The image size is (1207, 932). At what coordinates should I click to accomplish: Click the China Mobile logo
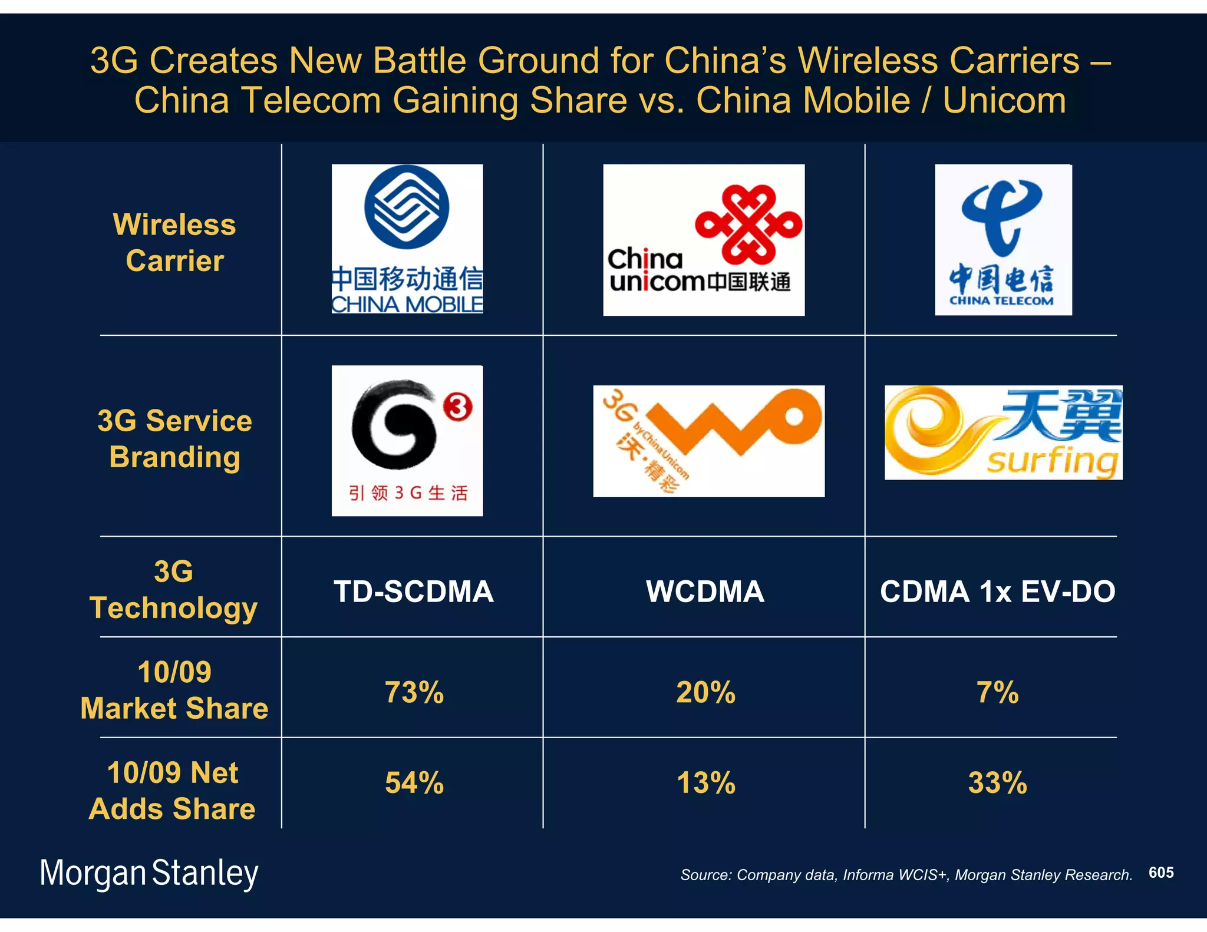click(x=407, y=239)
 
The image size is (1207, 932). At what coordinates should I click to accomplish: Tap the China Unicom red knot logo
click(x=748, y=224)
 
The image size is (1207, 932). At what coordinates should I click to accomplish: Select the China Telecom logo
click(x=1002, y=240)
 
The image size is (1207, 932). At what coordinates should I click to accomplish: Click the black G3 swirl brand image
click(x=407, y=440)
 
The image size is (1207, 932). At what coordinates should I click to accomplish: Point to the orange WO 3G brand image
click(x=708, y=441)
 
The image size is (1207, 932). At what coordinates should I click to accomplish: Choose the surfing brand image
click(x=1002, y=432)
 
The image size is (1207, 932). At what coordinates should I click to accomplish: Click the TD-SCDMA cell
click(x=413, y=591)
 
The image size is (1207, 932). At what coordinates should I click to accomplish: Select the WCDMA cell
click(x=705, y=591)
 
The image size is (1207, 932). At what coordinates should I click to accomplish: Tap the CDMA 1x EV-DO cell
click(x=997, y=591)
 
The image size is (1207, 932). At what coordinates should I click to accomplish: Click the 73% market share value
click(x=414, y=692)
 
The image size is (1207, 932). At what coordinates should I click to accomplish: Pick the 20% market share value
click(x=705, y=692)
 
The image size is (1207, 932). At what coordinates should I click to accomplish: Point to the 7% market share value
click(x=997, y=692)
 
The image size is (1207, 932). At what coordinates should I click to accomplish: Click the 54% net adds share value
click(x=414, y=782)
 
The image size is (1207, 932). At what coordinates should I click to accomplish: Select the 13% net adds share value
click(x=705, y=782)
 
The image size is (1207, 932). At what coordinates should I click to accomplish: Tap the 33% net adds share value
click(x=997, y=782)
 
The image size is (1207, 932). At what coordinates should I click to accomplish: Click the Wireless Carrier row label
click(x=174, y=242)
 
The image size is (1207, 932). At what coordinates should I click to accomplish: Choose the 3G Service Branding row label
click(x=174, y=438)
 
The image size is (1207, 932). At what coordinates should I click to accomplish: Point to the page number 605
click(x=1160, y=872)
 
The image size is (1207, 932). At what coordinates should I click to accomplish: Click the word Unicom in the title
click(x=1004, y=100)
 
